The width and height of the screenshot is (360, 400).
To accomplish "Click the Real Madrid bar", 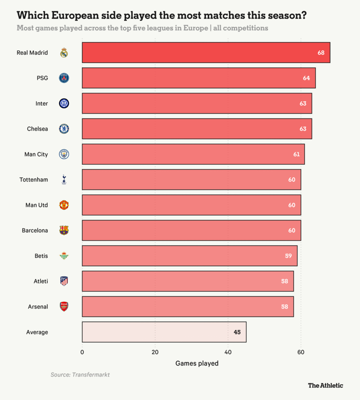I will point(206,52).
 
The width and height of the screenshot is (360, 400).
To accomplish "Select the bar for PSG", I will point(198,78).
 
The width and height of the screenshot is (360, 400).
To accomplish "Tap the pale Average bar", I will point(164,332).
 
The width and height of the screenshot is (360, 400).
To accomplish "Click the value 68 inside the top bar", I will point(321,53).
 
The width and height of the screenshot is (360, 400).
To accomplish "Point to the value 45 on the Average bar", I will point(237,332).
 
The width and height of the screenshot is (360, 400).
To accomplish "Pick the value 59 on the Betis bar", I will point(288,256).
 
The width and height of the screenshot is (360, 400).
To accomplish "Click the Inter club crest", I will point(64,104).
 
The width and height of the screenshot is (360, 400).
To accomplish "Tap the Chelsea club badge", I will point(64,129).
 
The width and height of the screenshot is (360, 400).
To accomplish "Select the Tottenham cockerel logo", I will point(64,180).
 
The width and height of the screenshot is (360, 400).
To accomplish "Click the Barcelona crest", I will point(64,230).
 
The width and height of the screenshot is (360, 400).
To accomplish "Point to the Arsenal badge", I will point(64,307).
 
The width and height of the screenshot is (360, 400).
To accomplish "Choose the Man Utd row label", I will point(36,205).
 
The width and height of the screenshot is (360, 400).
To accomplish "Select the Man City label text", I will point(36,154).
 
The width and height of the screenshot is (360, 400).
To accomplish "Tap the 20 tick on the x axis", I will point(155,352).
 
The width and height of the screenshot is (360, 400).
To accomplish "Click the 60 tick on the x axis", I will point(301,352).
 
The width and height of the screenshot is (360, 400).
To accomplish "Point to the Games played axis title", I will point(197,363).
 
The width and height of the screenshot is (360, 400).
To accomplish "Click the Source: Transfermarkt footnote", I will point(80,375).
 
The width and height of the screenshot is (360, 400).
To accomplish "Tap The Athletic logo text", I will point(325,385).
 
